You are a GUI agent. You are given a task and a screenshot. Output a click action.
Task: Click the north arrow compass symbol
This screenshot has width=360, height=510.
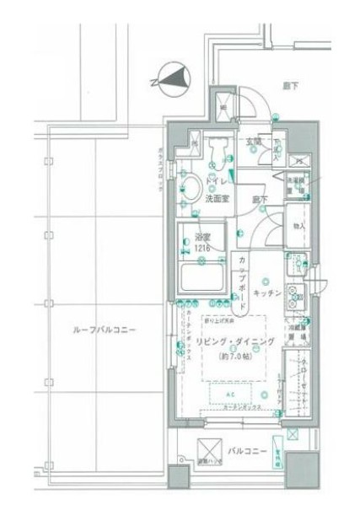coord(170,80)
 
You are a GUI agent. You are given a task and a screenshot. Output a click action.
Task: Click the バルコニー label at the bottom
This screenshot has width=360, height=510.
coord(247,451)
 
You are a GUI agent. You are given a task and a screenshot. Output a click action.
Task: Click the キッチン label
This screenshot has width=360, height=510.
coord(267,292)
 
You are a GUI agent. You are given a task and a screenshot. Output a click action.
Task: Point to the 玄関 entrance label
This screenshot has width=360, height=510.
coord(253,142)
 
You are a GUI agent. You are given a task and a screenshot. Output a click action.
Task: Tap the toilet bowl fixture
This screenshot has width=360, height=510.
coord(220,151)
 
